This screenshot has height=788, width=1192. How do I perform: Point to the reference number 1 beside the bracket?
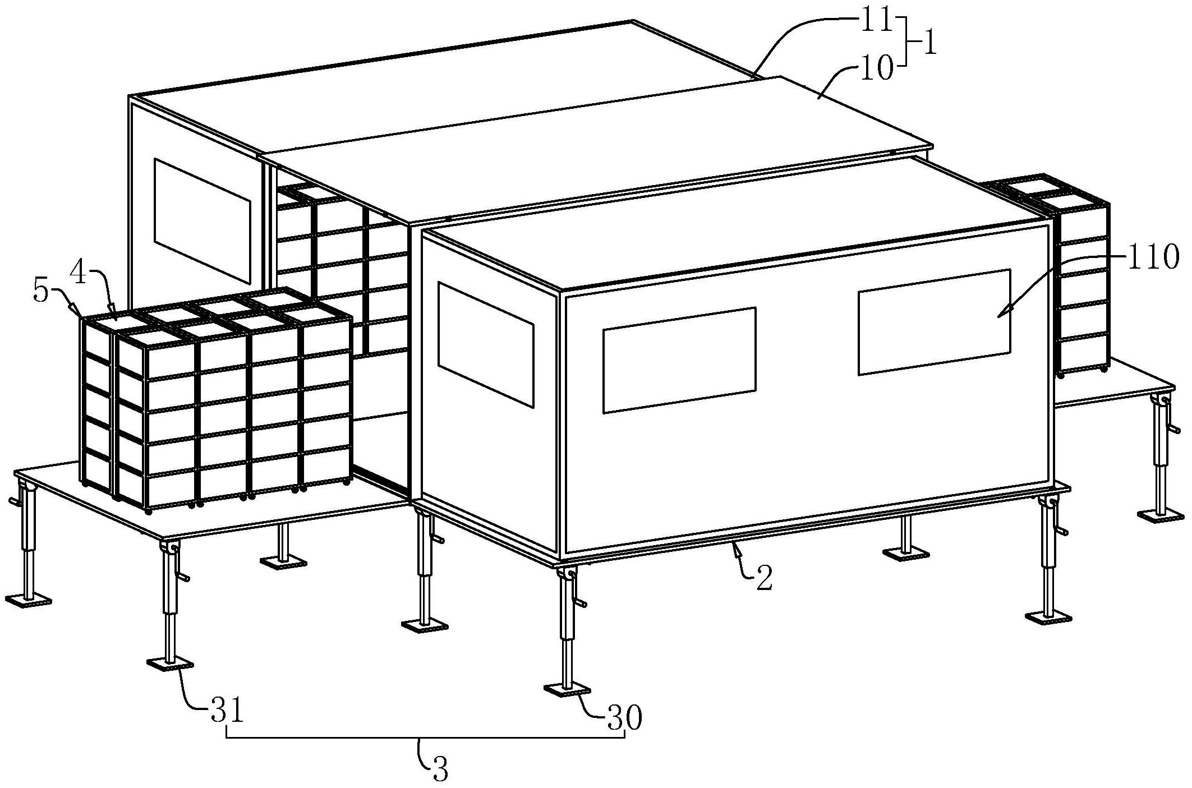pyautogui.click(x=929, y=44)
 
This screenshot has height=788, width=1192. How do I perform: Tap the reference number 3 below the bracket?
pyautogui.click(x=440, y=771)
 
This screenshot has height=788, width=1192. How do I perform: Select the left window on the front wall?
pyautogui.click(x=679, y=360)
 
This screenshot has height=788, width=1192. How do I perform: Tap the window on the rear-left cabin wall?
pyautogui.click(x=202, y=220)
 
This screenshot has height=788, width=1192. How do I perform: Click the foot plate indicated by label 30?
pyautogui.click(x=567, y=689)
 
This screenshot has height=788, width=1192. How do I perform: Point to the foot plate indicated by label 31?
pyautogui.click(x=169, y=663)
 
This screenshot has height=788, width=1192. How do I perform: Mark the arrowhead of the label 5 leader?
pyautogui.click(x=77, y=311)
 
